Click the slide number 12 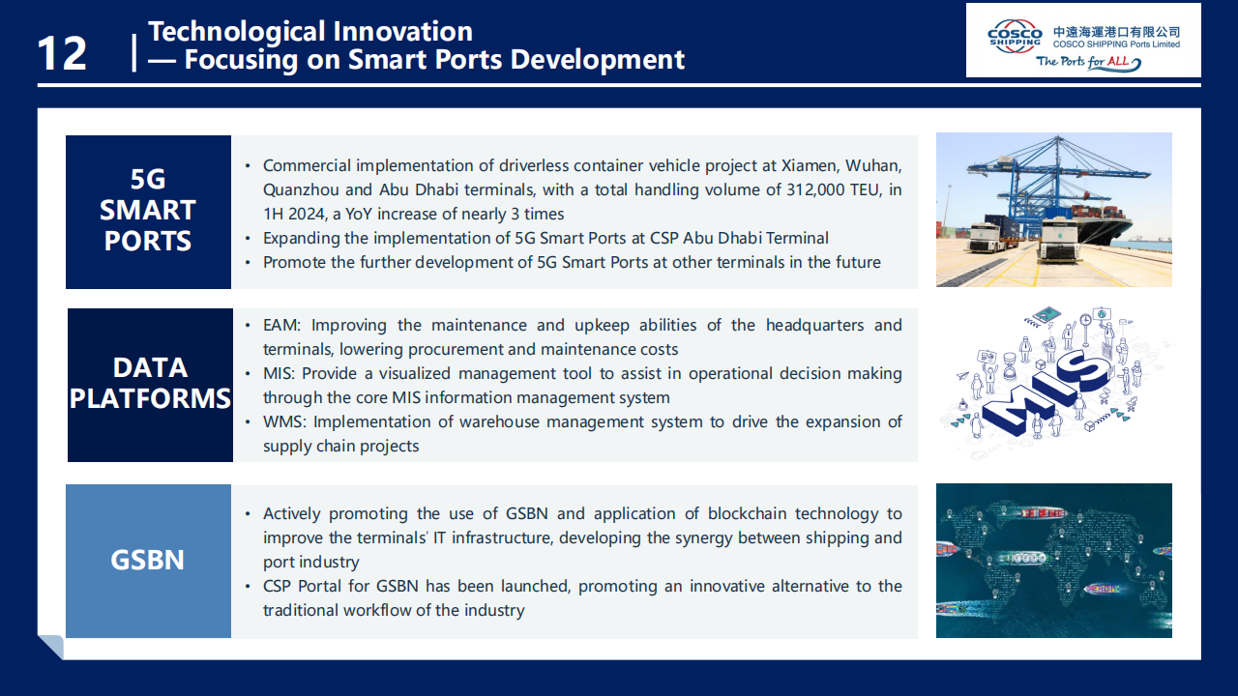(x=62, y=53)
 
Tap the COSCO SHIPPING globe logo (x=1015, y=37)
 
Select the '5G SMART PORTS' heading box (x=148, y=212)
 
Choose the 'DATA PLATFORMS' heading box (x=150, y=385)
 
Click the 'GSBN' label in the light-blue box (x=147, y=560)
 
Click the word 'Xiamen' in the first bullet (x=809, y=165)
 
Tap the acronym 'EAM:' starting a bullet (x=281, y=325)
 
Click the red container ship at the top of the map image (x=1043, y=513)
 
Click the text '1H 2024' (x=294, y=214)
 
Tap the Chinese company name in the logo (x=1116, y=32)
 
